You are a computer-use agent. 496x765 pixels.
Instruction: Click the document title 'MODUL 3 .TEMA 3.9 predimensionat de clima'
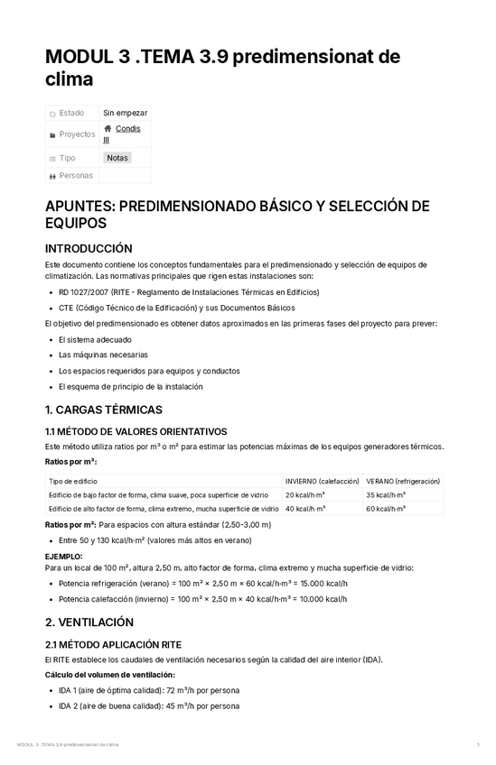click(222, 69)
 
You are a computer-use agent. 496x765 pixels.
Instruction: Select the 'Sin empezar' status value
click(125, 113)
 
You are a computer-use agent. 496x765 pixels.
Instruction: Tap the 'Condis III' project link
click(127, 130)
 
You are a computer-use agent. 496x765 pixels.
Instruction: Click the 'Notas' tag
click(117, 158)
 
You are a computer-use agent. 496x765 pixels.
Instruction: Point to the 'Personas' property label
click(75, 175)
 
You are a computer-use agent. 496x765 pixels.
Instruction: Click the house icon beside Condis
click(108, 129)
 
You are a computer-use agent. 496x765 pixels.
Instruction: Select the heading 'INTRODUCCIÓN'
click(89, 248)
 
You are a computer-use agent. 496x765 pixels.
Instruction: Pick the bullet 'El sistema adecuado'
click(95, 339)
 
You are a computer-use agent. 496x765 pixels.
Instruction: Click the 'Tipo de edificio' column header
click(73, 481)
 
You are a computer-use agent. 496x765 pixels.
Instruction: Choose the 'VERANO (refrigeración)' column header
click(403, 481)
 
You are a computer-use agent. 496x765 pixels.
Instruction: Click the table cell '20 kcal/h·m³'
click(305, 494)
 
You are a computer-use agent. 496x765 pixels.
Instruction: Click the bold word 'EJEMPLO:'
click(63, 557)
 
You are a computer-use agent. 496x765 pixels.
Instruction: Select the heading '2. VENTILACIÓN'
click(89, 622)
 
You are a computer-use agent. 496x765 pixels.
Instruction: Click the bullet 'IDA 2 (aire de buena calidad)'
click(148, 705)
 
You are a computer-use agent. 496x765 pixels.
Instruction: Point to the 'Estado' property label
click(71, 113)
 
